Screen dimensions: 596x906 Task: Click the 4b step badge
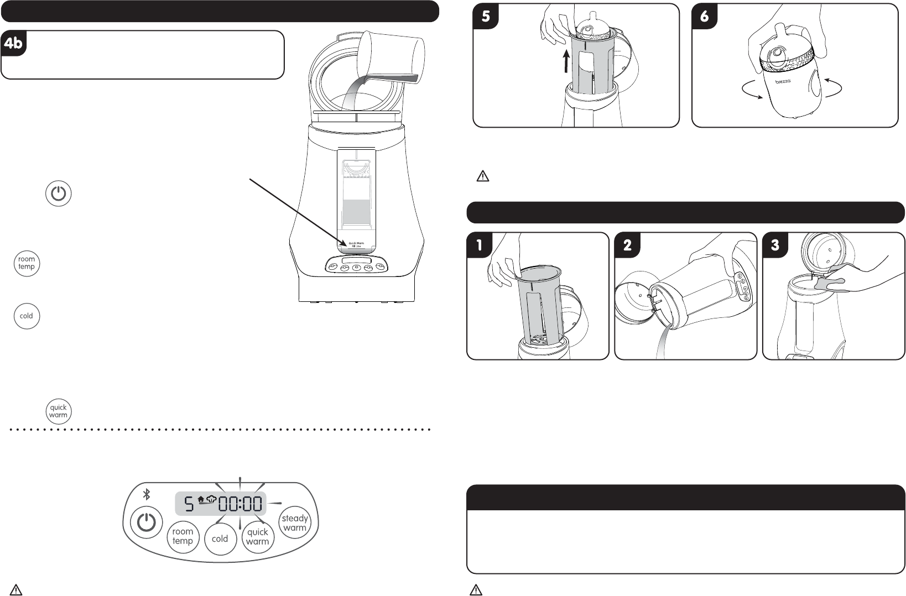pyautogui.click(x=13, y=43)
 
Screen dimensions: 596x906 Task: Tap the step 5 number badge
pyautogui.click(x=486, y=17)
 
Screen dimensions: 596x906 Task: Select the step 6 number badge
pyautogui.click(x=704, y=17)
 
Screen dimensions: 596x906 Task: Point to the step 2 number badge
pyautogui.click(x=627, y=245)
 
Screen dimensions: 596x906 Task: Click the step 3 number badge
pyautogui.click(x=775, y=245)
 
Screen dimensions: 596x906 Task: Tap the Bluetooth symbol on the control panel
pyautogui.click(x=147, y=494)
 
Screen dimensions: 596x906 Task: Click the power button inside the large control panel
pyautogui.click(x=146, y=522)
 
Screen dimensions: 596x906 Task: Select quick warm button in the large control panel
pyautogui.click(x=257, y=536)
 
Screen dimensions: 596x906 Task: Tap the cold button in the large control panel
pyautogui.click(x=220, y=539)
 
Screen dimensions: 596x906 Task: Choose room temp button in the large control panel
pyautogui.click(x=183, y=536)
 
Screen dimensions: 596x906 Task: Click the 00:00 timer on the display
pyautogui.click(x=239, y=504)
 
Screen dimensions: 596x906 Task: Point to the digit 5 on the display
pyautogui.click(x=189, y=504)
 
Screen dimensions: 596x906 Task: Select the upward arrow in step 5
pyautogui.click(x=565, y=61)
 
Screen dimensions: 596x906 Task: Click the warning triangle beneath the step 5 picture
pyautogui.click(x=482, y=176)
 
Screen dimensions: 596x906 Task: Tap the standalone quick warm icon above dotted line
pyautogui.click(x=58, y=411)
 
